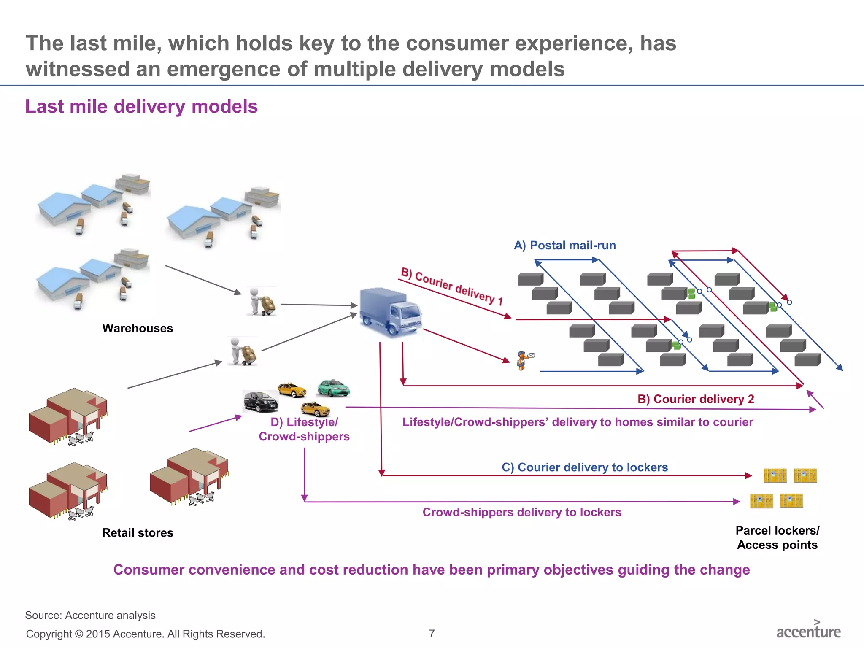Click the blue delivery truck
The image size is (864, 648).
click(390, 312)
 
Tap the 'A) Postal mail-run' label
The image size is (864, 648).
click(564, 246)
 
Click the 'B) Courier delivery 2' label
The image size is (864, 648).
click(695, 399)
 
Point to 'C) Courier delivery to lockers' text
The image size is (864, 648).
click(584, 467)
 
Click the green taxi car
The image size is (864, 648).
click(333, 388)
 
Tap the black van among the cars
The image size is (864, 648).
click(260, 401)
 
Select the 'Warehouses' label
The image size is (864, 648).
click(138, 328)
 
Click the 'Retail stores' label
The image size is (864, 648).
click(138, 533)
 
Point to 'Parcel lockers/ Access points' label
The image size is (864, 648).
click(777, 537)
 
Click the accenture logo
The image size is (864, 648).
click(808, 630)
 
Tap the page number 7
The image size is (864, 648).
click(432, 633)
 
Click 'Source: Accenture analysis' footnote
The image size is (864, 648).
click(90, 615)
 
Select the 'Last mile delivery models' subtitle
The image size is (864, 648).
click(141, 106)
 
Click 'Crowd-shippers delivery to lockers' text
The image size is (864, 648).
click(521, 512)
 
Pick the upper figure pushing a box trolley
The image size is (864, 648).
click(262, 301)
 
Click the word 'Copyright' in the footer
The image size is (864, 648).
click(49, 634)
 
